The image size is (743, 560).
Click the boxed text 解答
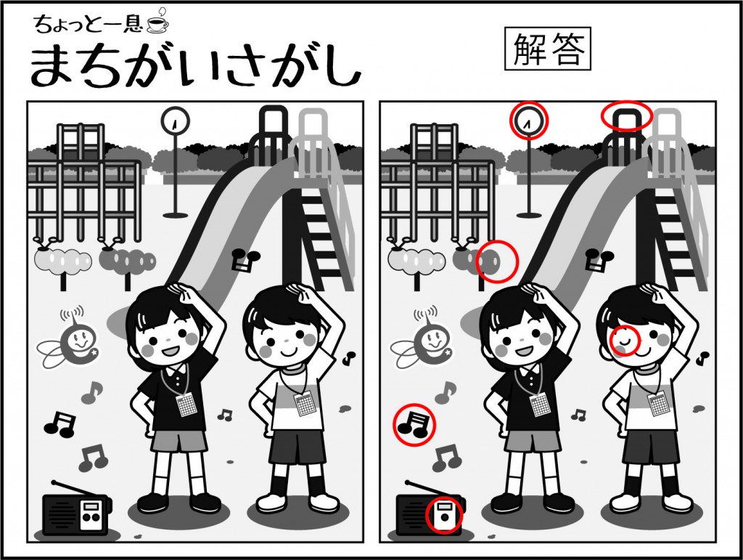coord(548,49)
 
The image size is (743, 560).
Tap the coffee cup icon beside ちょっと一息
coord(157,24)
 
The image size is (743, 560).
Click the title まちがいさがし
coord(195,68)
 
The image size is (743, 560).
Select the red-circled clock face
coord(528,121)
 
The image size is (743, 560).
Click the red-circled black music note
coord(413,424)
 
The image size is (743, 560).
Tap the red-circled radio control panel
coord(444,514)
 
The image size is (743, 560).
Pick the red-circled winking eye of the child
coord(625,340)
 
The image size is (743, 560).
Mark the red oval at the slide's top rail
coord(627,115)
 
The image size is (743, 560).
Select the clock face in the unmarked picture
coord(176,121)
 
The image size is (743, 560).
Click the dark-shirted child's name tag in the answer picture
coord(538,405)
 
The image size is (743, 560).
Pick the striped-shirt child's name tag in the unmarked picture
coord(304,404)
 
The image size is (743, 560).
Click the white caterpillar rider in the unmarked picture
coord(62,260)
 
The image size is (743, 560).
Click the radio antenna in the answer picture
coord(422,488)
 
